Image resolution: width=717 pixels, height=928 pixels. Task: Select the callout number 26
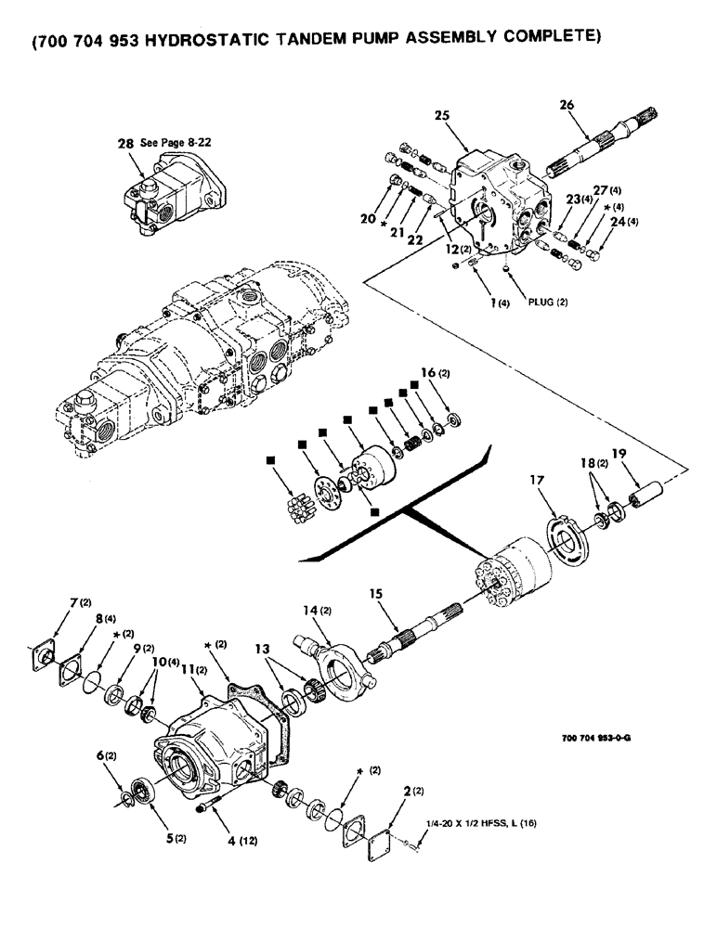tap(567, 106)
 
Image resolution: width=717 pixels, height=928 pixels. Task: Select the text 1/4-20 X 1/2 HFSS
tap(471, 823)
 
